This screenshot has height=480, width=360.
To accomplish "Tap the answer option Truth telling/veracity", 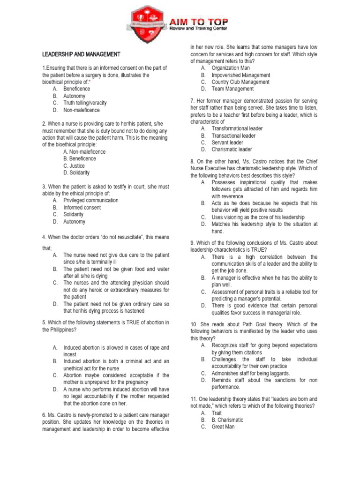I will point(85,103).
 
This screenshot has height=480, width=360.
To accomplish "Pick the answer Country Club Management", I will point(240,82).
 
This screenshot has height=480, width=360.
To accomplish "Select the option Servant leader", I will point(227,142).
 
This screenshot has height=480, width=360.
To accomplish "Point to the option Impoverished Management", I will point(241,75).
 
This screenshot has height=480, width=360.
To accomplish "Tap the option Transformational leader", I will point(237,128).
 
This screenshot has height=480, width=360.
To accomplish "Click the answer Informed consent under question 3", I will point(82,207).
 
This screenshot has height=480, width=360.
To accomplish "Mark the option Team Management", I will point(232,89).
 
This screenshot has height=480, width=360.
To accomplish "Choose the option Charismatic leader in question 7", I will point(232,150).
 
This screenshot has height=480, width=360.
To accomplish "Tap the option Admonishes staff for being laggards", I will point(251,373).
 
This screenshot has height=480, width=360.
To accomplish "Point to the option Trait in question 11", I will point(217,413).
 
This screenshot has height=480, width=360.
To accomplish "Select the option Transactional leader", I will point(233,135).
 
